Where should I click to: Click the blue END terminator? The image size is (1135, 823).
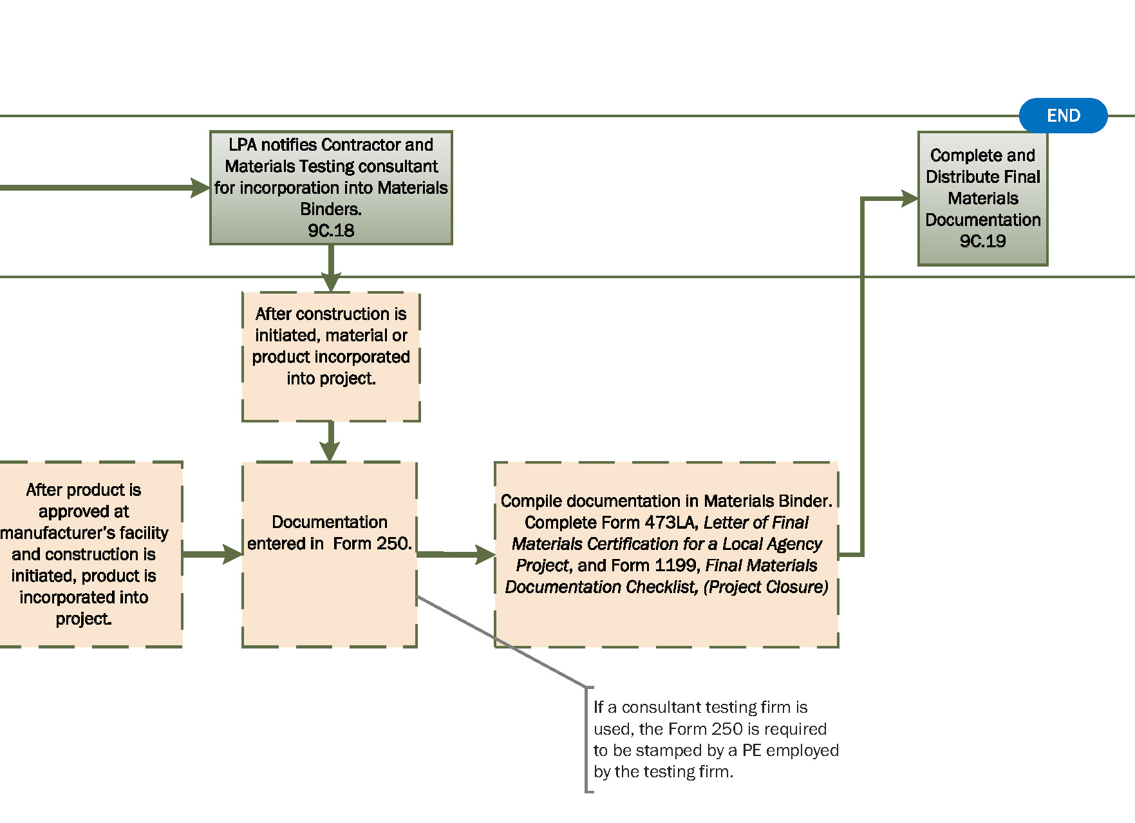tap(1063, 116)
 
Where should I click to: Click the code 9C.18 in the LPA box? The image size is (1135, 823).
tap(331, 231)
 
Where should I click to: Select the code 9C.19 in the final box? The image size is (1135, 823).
tap(982, 241)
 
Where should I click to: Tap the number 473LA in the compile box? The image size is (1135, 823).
tap(670, 522)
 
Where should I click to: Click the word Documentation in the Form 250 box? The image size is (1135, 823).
tap(330, 522)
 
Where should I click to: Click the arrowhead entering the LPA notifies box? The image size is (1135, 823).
tap(201, 188)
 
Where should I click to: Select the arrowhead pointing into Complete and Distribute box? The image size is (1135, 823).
tap(909, 198)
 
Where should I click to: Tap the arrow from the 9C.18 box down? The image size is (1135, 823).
tap(331, 267)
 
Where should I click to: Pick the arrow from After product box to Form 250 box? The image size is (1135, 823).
tap(212, 554)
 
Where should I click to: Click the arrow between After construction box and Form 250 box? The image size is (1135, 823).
tap(330, 442)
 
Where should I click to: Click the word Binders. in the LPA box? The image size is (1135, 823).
tap(331, 209)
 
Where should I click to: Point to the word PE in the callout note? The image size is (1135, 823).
tap(751, 750)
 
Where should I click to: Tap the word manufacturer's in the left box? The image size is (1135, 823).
tap(84, 533)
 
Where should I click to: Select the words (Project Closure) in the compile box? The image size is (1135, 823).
tap(765, 587)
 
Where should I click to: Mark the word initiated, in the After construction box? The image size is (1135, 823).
tap(288, 336)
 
